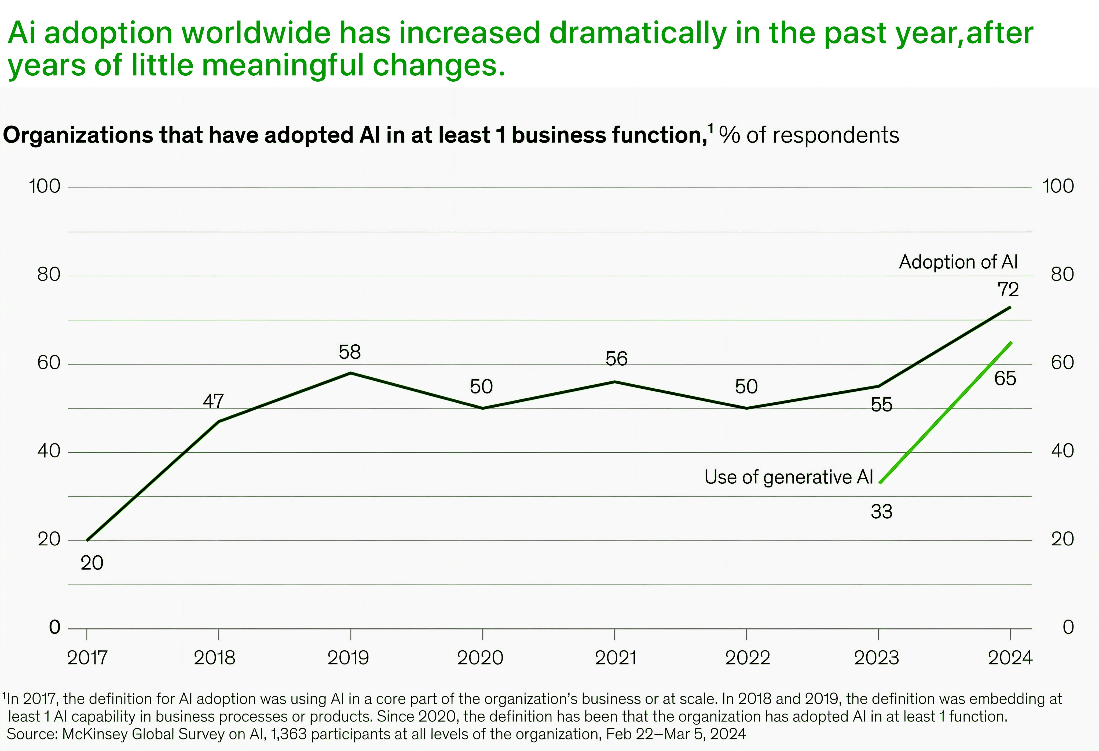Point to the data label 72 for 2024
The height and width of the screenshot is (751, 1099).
click(x=1008, y=289)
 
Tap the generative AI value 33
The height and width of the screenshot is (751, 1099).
click(x=881, y=512)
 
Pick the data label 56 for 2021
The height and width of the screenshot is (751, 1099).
click(x=617, y=359)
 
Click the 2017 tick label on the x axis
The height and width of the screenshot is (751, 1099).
click(x=87, y=658)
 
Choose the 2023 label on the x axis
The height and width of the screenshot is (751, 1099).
click(x=876, y=658)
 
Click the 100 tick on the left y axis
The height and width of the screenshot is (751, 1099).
click(x=45, y=186)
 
